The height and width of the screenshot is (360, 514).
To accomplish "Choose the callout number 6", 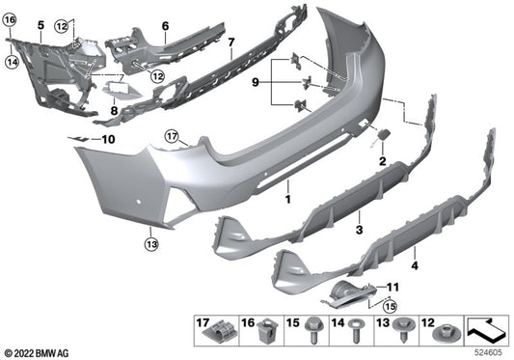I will pos(165,25).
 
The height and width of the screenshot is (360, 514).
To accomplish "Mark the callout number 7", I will pos(230,42).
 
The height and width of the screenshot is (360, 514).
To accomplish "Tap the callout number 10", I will pos(107,140).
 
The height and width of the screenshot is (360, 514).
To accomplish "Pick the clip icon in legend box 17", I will pos(219,333).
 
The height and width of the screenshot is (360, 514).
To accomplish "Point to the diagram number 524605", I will pos(489,354).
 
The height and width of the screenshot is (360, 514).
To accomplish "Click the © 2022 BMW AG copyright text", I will pos(39,352).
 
